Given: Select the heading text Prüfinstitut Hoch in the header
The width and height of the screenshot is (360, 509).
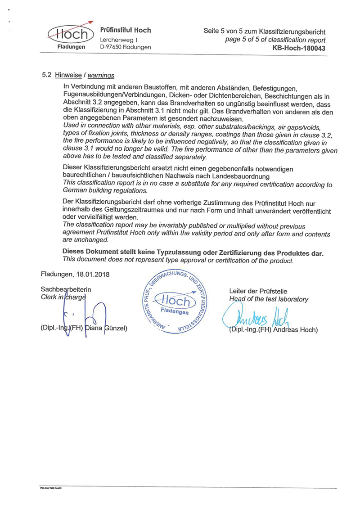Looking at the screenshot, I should point(126,30).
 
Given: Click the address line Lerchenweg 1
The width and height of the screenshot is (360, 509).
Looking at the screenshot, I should point(119,40).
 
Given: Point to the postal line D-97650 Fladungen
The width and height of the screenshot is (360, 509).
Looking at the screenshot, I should point(126,47).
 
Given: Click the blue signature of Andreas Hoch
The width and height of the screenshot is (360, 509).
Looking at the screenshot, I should point(256,315).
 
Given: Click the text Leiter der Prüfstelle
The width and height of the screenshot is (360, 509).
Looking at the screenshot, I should point(258,291).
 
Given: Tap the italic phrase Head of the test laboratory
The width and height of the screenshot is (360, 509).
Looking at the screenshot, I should point(269,299).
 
